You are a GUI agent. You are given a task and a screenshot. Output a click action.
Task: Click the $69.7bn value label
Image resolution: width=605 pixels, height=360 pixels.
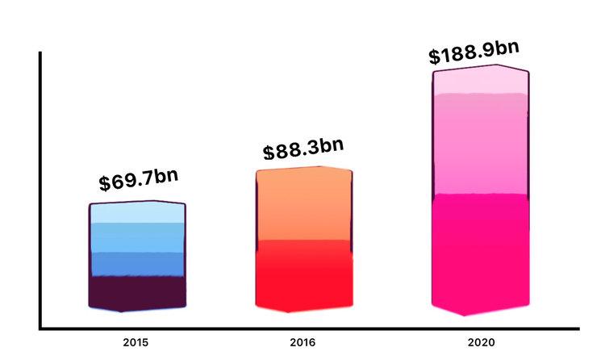click(139, 179)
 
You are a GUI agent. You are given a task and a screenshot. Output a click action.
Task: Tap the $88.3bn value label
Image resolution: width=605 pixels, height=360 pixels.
click(303, 148)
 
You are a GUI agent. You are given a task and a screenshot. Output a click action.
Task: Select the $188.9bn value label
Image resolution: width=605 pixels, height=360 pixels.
click(473, 53)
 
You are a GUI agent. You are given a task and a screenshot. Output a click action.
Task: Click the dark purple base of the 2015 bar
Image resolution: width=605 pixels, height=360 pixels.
click(137, 292)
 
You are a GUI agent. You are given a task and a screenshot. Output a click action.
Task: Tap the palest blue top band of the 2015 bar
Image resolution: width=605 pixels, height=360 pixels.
click(137, 212)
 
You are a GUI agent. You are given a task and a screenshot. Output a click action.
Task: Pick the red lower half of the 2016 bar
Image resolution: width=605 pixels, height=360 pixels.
click(304, 274)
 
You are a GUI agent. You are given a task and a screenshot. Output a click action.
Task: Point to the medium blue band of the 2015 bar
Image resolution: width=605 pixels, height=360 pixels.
click(137, 264)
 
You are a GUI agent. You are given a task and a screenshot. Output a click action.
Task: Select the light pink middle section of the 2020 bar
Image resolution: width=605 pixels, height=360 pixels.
click(481, 145)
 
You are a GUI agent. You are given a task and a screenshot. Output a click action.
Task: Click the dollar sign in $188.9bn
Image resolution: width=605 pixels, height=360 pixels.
click(435, 58)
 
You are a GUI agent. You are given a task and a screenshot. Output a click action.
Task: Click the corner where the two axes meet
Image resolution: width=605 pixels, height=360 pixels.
click(40, 329)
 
